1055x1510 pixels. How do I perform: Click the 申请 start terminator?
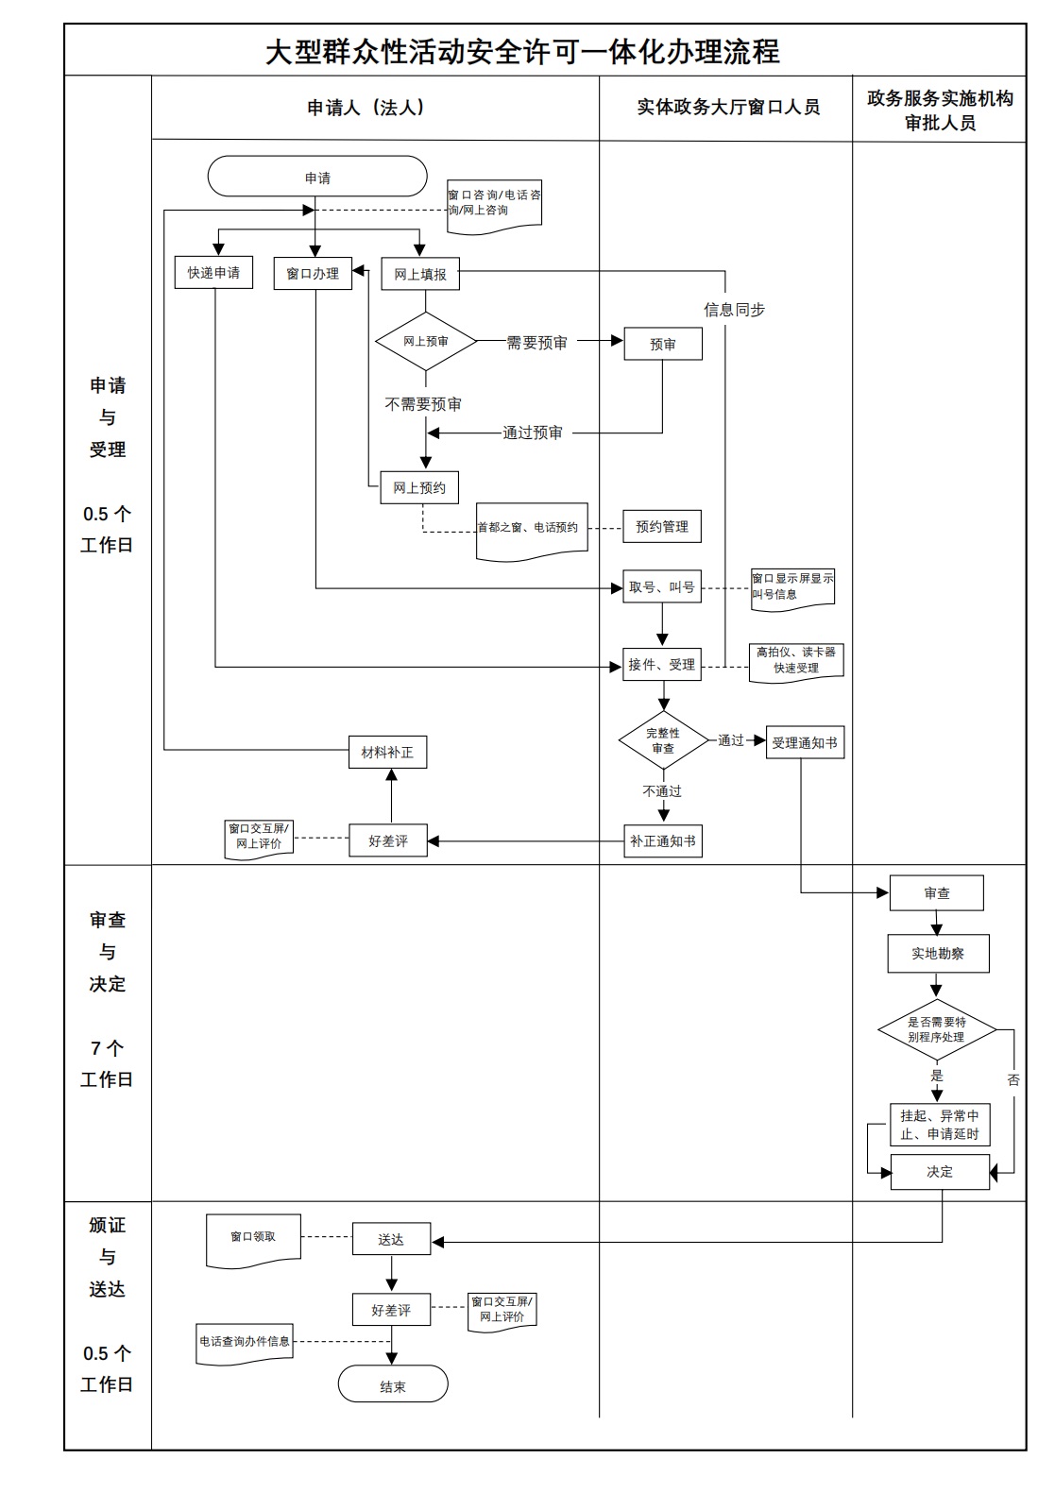coord(317,178)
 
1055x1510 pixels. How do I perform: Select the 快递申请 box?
coord(213,273)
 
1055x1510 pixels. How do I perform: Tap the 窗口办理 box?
coord(313,273)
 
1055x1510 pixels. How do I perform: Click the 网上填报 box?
coord(420,274)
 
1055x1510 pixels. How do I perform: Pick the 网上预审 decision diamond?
coord(426,341)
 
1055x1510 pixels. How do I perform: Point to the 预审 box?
coord(663,345)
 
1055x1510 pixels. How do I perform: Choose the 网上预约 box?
coord(419,488)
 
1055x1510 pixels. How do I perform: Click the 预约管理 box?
coord(662,527)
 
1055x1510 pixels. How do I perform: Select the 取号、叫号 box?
coord(662,587)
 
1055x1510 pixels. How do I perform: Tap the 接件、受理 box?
coord(662,665)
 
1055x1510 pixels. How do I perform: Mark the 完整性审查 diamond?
coord(663,740)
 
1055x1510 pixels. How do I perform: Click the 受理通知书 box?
coord(805,743)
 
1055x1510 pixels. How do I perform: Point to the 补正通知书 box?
coord(663,840)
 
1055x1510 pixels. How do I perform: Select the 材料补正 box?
coord(387,753)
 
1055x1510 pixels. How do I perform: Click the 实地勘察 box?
coord(938,954)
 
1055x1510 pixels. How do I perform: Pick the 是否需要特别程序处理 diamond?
coord(936,1029)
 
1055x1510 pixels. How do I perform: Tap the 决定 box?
coord(940,1172)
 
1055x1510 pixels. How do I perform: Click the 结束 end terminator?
coord(393,1386)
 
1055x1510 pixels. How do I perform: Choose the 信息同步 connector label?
coord(734,310)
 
